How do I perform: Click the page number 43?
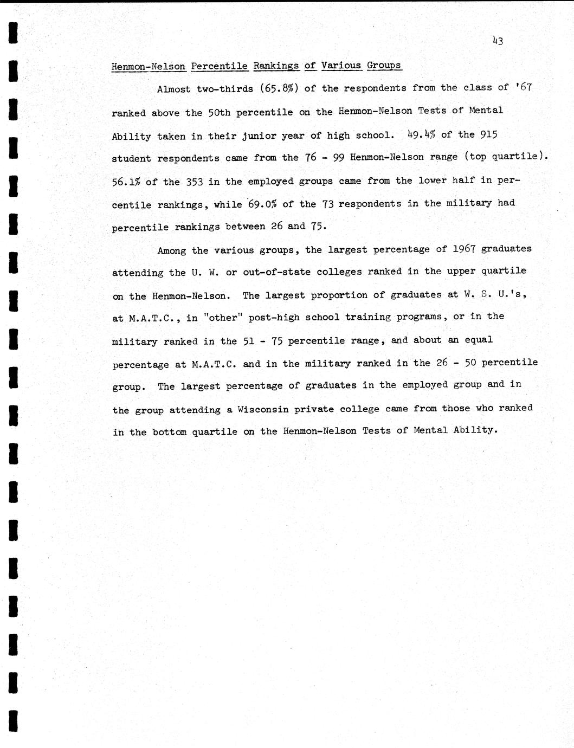(x=498, y=40)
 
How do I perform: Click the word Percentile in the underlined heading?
(x=219, y=66)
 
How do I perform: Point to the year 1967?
(x=464, y=249)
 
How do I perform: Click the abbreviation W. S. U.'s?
(x=495, y=294)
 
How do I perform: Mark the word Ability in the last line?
(x=475, y=430)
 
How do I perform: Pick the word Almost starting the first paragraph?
(x=173, y=89)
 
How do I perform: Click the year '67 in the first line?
(x=524, y=87)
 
